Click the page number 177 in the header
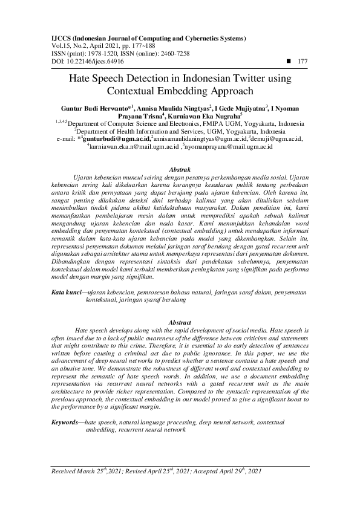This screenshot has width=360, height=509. tap(303, 61)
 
